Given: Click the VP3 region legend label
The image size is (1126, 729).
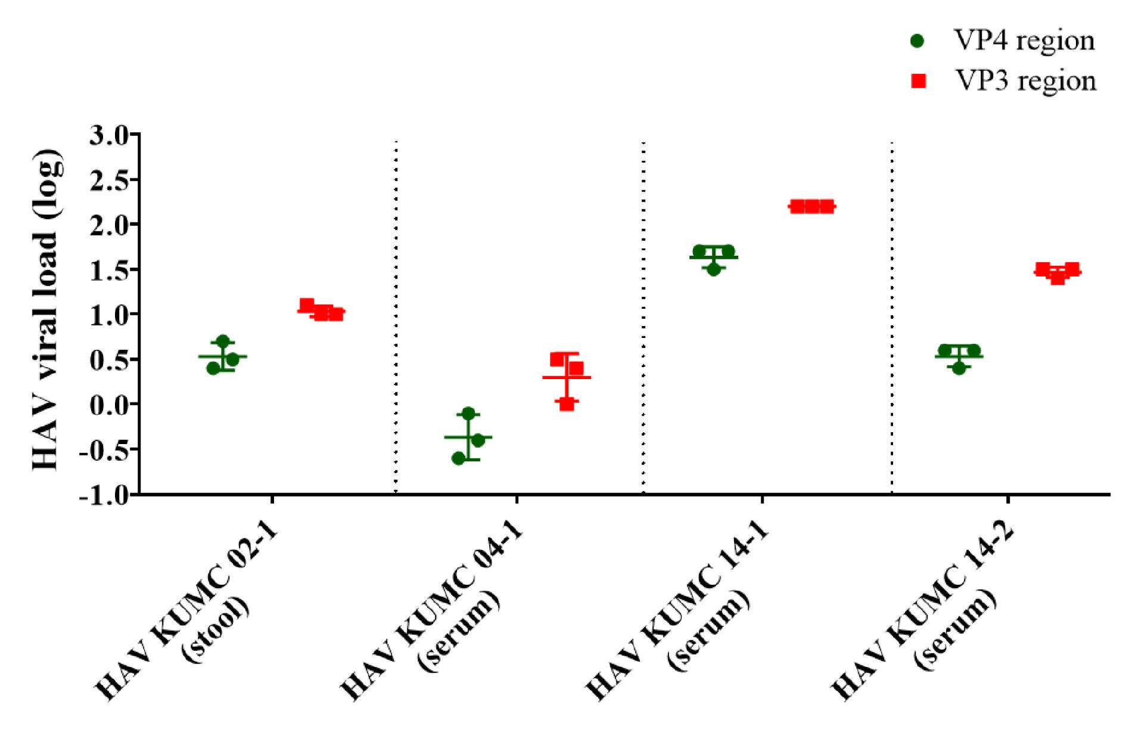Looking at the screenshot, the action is point(1025,81).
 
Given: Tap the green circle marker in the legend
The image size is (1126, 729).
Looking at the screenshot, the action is point(918,41).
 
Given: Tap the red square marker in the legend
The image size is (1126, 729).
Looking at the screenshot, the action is point(919,81).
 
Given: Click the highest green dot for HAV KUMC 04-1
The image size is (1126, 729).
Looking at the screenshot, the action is point(468,413).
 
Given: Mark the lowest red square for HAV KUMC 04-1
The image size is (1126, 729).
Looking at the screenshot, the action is point(567,404).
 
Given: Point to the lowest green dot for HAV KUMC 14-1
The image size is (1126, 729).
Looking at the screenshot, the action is point(714,269).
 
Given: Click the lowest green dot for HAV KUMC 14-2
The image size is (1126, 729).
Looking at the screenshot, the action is point(959,368).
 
